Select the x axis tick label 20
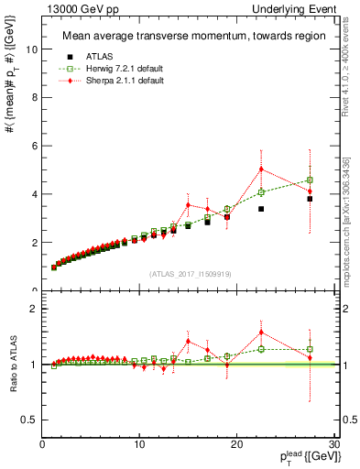(x=236, y=445)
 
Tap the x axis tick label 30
(x=333, y=445)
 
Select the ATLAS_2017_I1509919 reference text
(x=189, y=272)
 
